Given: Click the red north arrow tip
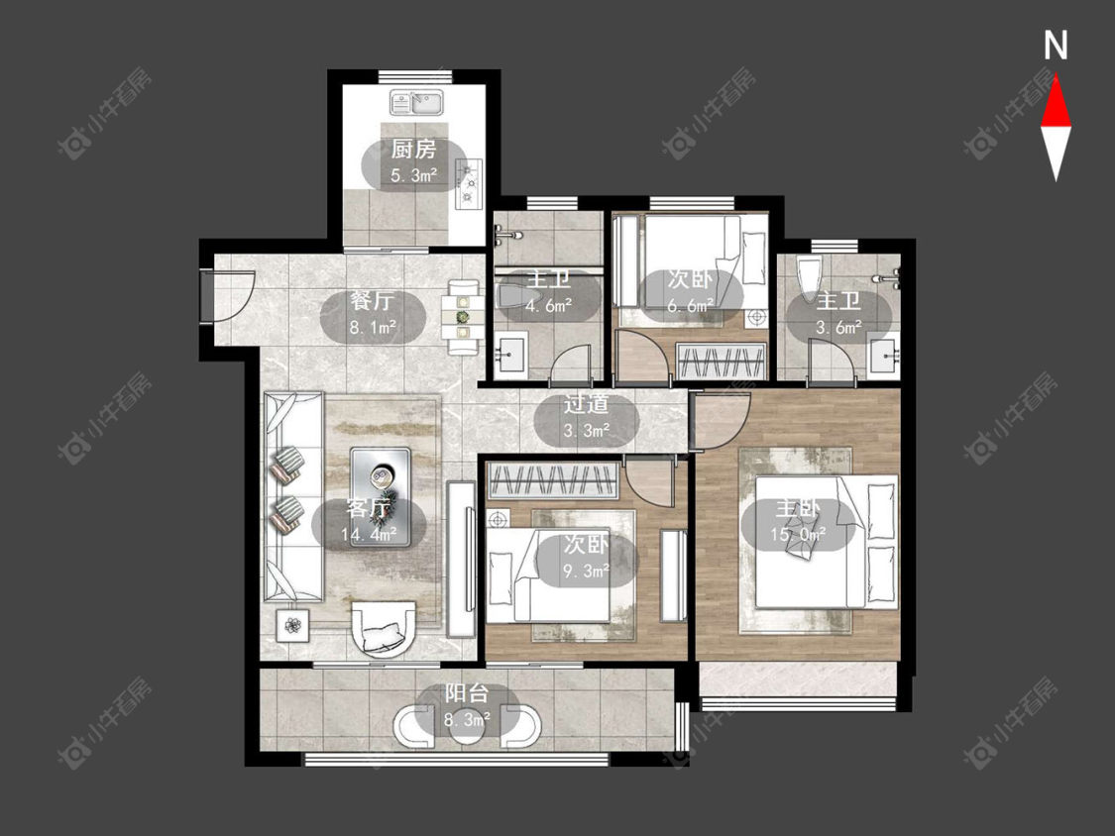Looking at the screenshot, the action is [x=1056, y=77].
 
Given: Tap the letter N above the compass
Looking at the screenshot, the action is [x=1056, y=46].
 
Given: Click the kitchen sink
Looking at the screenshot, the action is [x=416, y=102].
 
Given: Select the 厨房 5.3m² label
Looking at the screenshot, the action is [x=414, y=162].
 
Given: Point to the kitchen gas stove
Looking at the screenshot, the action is [x=469, y=184].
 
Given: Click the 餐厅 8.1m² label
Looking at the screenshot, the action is [x=373, y=313].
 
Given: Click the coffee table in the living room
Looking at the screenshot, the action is [x=381, y=497].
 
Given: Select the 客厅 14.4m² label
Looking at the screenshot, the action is [x=369, y=521].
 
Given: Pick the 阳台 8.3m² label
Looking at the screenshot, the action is [x=467, y=707].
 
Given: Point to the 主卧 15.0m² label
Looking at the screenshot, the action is [x=798, y=521].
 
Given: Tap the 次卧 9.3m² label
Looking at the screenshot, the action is [x=587, y=558].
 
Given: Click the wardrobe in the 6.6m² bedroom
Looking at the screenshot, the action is [x=722, y=362].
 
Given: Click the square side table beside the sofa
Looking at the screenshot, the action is [x=292, y=626].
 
